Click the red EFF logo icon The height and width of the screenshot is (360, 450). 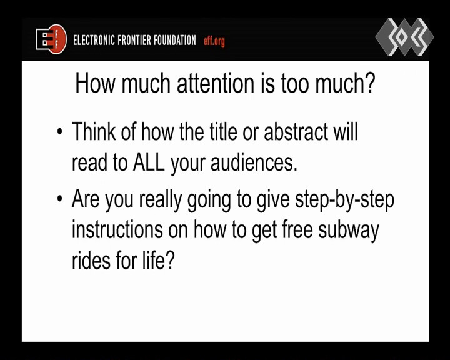coord(51,39)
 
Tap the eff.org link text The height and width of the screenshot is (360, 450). coord(214,41)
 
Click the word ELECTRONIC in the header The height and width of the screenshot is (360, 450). coord(94,40)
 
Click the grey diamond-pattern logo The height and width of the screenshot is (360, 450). coord(404,37)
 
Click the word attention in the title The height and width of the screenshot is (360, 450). coord(216,83)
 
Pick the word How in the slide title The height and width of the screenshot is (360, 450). coord(95,83)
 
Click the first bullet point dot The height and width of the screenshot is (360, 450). coord(60,131)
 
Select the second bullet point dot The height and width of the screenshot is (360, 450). coord(60,199)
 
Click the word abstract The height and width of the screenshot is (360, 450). coord(296,131)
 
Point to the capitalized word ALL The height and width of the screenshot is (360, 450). coord(149,162)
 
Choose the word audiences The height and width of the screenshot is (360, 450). coord(254,162)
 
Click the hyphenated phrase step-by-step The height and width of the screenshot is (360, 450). coord(344,200)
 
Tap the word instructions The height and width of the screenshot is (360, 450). coord(117,229)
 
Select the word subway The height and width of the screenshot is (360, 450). coord(349,231)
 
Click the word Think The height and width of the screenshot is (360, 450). coord(94,131)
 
